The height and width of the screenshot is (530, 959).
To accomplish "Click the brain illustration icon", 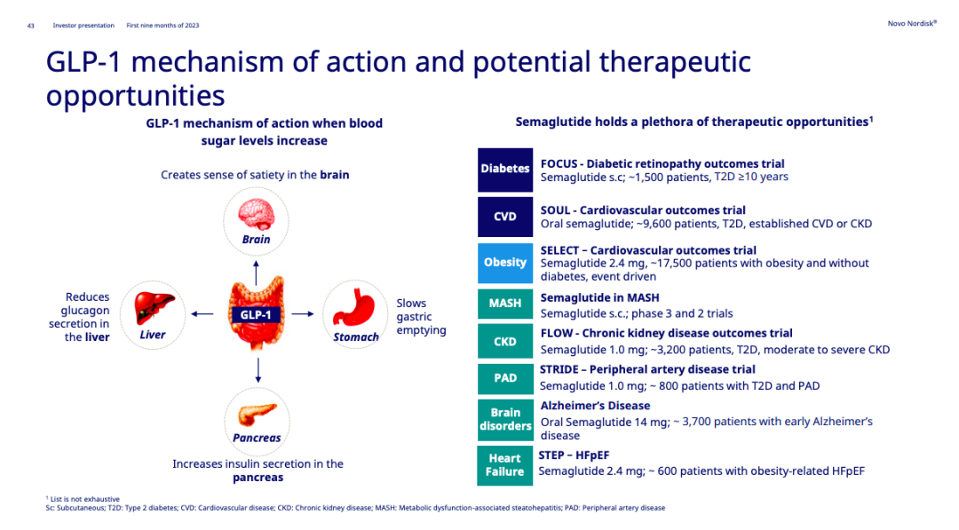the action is pyautogui.click(x=257, y=215).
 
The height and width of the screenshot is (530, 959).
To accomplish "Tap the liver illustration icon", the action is pyautogui.click(x=154, y=308).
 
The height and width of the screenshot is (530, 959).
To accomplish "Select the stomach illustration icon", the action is pyautogui.click(x=353, y=308).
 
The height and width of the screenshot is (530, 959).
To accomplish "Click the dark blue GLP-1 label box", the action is pyautogui.click(x=256, y=315).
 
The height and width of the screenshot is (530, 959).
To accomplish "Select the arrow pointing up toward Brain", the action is pyautogui.click(x=257, y=273).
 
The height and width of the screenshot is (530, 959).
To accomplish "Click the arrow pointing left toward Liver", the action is pyautogui.click(x=202, y=314).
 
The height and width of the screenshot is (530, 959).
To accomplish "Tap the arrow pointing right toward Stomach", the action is pyautogui.click(x=303, y=313).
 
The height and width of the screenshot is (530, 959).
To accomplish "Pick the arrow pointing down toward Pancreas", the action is pyautogui.click(x=258, y=370).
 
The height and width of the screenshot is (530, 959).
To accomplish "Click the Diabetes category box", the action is pyautogui.click(x=505, y=170).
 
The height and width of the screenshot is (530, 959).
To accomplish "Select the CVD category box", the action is pyautogui.click(x=505, y=217).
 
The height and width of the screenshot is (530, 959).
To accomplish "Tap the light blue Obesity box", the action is pyautogui.click(x=505, y=263).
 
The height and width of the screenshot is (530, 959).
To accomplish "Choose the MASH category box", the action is pyautogui.click(x=505, y=304).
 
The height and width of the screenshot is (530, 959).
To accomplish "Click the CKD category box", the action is pyautogui.click(x=505, y=341).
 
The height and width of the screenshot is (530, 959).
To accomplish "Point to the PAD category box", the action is pyautogui.click(x=505, y=378).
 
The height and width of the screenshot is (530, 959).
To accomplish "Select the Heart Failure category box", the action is pyautogui.click(x=505, y=466).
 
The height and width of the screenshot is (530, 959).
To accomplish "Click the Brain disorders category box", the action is pyautogui.click(x=505, y=420).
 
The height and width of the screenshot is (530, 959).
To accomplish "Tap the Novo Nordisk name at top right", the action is pyautogui.click(x=912, y=23).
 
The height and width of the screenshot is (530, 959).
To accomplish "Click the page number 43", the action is pyautogui.click(x=30, y=26).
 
